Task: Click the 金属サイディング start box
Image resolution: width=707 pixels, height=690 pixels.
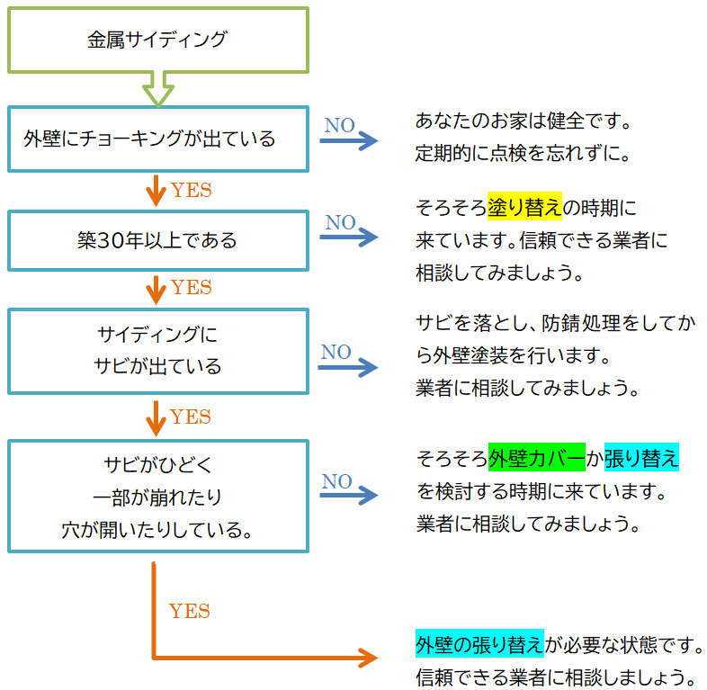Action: click(157, 40)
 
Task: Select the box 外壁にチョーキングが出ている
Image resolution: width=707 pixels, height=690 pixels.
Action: click(157, 139)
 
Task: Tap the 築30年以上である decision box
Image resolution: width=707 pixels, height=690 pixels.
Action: click(157, 240)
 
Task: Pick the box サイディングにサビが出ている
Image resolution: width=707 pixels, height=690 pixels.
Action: click(157, 351)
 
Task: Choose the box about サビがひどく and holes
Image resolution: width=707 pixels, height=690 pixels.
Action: click(157, 496)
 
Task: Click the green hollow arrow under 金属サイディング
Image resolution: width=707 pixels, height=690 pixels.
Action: click(158, 89)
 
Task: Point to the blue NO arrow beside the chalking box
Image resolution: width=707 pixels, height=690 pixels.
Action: click(350, 140)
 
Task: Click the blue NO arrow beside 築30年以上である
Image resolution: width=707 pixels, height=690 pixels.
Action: click(350, 237)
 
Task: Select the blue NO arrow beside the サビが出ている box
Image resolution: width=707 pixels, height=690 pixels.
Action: click(350, 367)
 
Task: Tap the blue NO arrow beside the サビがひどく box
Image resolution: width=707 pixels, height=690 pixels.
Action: click(350, 496)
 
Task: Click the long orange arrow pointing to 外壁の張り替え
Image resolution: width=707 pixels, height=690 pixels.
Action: click(261, 658)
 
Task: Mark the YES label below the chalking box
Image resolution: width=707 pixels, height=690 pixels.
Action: click(192, 190)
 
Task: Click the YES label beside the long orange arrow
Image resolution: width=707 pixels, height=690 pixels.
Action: click(190, 612)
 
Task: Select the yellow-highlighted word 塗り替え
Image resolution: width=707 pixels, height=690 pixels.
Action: click(524, 208)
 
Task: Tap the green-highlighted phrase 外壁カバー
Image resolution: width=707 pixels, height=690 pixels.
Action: click(536, 458)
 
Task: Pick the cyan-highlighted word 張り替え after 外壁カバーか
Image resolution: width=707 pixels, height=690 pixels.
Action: click(640, 458)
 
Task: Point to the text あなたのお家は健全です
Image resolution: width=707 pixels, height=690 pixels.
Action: click(524, 120)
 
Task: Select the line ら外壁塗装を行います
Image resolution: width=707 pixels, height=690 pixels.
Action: click(514, 355)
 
